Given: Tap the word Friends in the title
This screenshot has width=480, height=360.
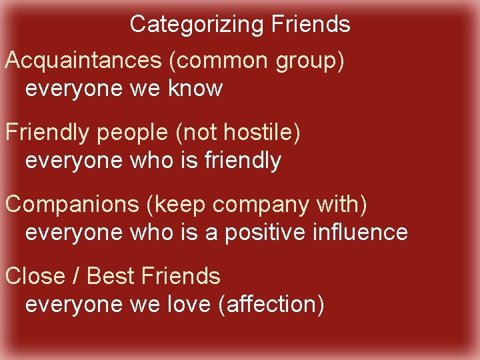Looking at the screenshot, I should click(311, 25).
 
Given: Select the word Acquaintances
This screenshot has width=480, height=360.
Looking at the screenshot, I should click(83, 61).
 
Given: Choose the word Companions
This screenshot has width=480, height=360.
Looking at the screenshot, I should click(72, 205).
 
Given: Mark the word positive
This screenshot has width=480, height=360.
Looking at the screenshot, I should click(267, 232).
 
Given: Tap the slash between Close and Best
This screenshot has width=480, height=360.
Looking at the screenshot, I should click(76, 276).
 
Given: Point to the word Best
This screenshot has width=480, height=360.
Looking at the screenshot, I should click(109, 276).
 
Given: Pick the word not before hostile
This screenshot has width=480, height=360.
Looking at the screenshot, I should click(199, 133).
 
